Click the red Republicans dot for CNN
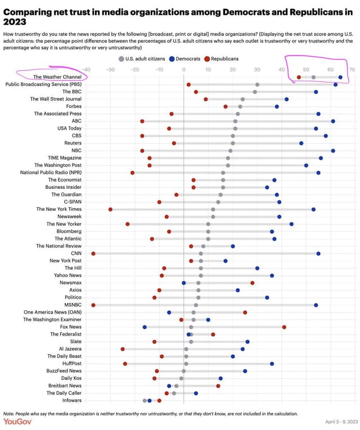(x=93, y=254)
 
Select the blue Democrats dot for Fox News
(x=145, y=327)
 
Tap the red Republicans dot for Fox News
(x=284, y=327)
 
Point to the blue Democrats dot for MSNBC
(x=316, y=305)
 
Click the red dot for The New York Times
(x=110, y=210)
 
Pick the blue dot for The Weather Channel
(x=340, y=77)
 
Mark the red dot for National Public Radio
(x=132, y=173)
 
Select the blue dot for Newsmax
(x=184, y=283)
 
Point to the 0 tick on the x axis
(x=184, y=69)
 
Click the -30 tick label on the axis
(x=110, y=69)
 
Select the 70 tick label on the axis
(x=352, y=69)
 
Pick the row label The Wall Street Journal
(x=56, y=99)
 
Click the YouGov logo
(x=18, y=421)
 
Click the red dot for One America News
(x=245, y=312)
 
